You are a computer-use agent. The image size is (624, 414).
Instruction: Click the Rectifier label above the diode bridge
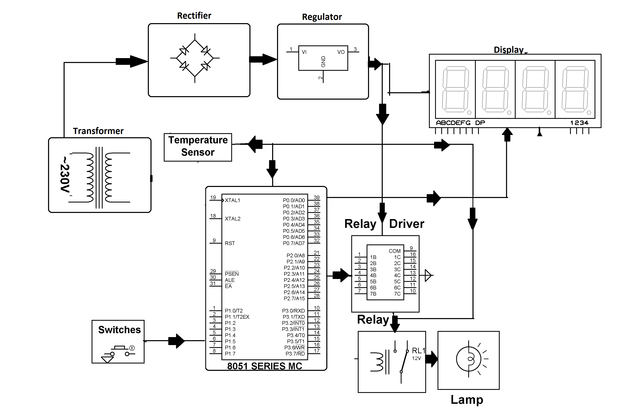pyautogui.click(x=194, y=16)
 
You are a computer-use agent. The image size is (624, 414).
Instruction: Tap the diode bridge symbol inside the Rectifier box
pyautogui.click(x=195, y=58)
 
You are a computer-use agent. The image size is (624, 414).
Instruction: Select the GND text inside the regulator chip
pyautogui.click(x=323, y=62)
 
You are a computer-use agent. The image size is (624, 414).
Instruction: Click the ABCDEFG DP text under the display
pyautogui.click(x=460, y=123)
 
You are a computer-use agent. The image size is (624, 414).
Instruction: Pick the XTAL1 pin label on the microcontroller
pyautogui.click(x=232, y=200)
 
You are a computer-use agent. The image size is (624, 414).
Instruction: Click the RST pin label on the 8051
pyautogui.click(x=230, y=243)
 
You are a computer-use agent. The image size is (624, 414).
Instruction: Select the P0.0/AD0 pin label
pyautogui.click(x=293, y=200)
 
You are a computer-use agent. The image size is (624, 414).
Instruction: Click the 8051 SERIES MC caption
pyautogui.click(x=264, y=366)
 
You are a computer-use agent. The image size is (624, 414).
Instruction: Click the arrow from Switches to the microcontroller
pyautogui.click(x=176, y=341)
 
